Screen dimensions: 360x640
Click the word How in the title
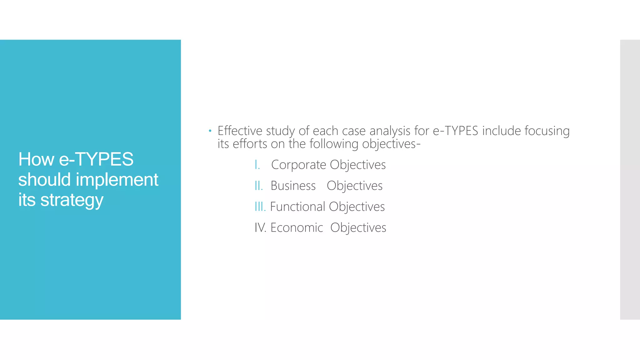tap(36, 159)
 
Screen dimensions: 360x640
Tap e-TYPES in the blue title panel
tap(96, 159)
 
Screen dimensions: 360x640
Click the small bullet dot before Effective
tap(210, 131)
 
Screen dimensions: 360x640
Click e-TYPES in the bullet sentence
tap(455, 131)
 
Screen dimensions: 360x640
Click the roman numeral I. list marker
tap(257, 165)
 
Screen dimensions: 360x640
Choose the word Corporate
tap(298, 165)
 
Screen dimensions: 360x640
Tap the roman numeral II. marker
tap(259, 186)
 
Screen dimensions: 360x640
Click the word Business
tap(293, 186)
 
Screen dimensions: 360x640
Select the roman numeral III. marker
tap(260, 207)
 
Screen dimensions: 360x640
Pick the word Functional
tap(297, 207)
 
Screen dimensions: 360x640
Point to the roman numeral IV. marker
tap(260, 227)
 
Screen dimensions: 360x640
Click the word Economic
tap(297, 227)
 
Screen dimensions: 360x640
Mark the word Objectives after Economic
tap(358, 228)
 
